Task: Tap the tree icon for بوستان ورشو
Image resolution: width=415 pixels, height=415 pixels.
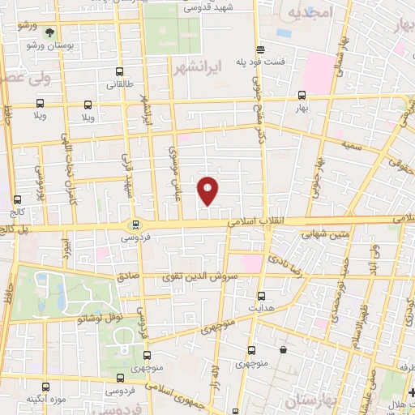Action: (x=50, y=33)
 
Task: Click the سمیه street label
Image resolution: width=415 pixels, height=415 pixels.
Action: (x=352, y=120)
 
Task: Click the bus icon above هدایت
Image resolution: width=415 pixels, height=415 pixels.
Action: (x=260, y=296)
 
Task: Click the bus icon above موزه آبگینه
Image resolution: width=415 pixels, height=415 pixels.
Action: (x=47, y=387)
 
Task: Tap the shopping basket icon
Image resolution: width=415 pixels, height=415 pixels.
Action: (x=283, y=349)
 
